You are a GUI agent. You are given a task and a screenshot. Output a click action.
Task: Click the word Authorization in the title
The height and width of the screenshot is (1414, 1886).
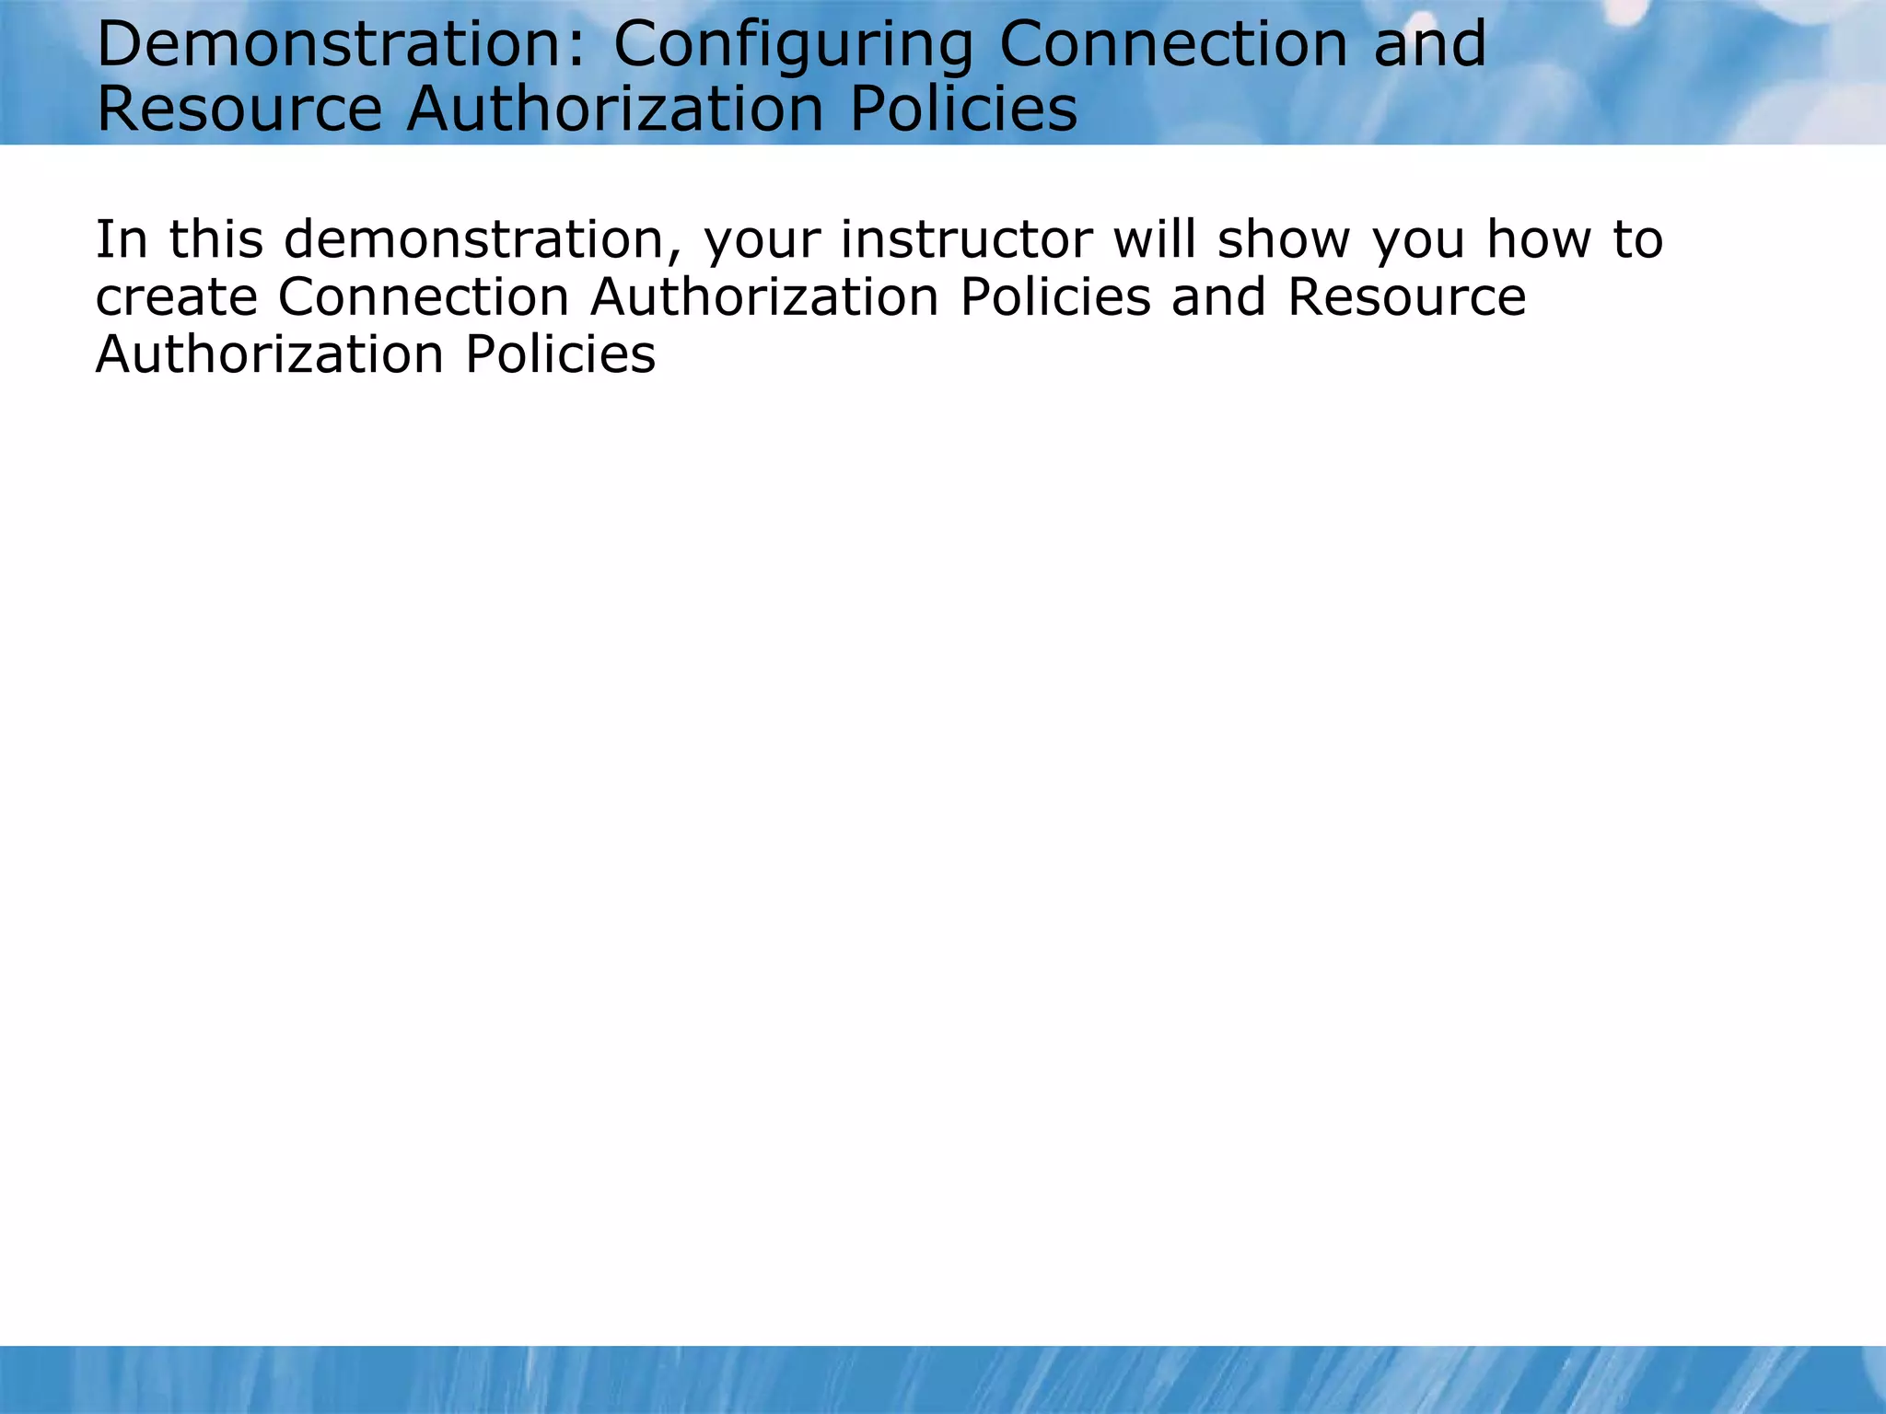tap(615, 109)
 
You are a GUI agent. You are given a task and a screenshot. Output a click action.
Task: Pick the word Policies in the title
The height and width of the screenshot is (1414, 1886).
tap(962, 109)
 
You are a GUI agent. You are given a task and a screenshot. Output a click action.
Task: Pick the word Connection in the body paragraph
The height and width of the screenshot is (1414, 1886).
tap(424, 296)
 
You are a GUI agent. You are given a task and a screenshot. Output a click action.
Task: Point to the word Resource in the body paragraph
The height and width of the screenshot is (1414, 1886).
tap(1406, 296)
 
